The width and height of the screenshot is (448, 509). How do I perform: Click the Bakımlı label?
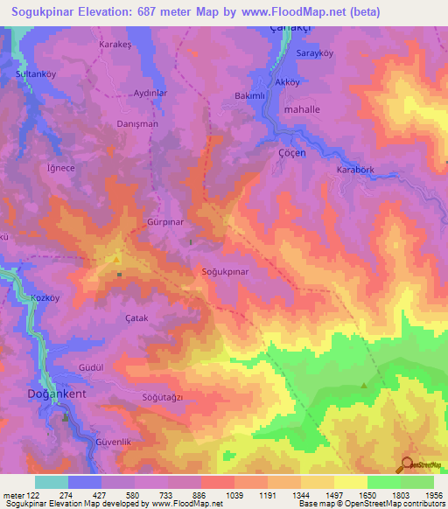250,94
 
